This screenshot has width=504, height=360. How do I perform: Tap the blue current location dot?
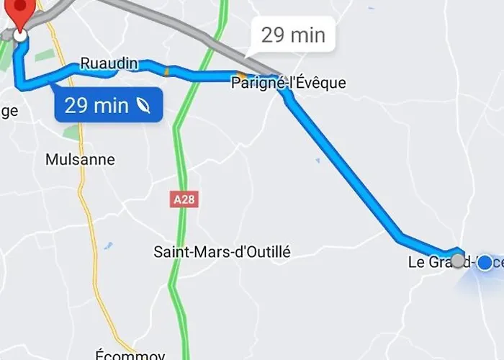[485, 263]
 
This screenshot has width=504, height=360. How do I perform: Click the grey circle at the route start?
[458, 261]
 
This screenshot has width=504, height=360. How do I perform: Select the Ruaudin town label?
[109, 63]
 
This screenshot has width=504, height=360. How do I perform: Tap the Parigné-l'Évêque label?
[288, 84]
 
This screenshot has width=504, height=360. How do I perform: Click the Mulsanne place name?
[80, 160]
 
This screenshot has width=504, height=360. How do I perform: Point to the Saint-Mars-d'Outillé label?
[222, 252]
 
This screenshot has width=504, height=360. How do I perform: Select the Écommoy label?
[130, 355]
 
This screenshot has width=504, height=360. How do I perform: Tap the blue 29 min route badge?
[107, 106]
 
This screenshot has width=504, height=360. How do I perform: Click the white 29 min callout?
[293, 35]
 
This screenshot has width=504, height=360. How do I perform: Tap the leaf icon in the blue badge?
[143, 106]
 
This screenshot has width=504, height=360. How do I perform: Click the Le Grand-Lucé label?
[436, 262]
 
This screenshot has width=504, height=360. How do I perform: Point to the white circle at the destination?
[21, 34]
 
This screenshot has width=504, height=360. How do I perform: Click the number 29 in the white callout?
[274, 35]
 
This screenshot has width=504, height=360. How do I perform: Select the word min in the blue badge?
[113, 106]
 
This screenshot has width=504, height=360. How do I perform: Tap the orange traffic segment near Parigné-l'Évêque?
[240, 75]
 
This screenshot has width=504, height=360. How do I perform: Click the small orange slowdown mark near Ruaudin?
[167, 71]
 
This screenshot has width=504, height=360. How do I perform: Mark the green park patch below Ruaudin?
[71, 132]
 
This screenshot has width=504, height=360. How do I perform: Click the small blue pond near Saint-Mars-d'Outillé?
[108, 246]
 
